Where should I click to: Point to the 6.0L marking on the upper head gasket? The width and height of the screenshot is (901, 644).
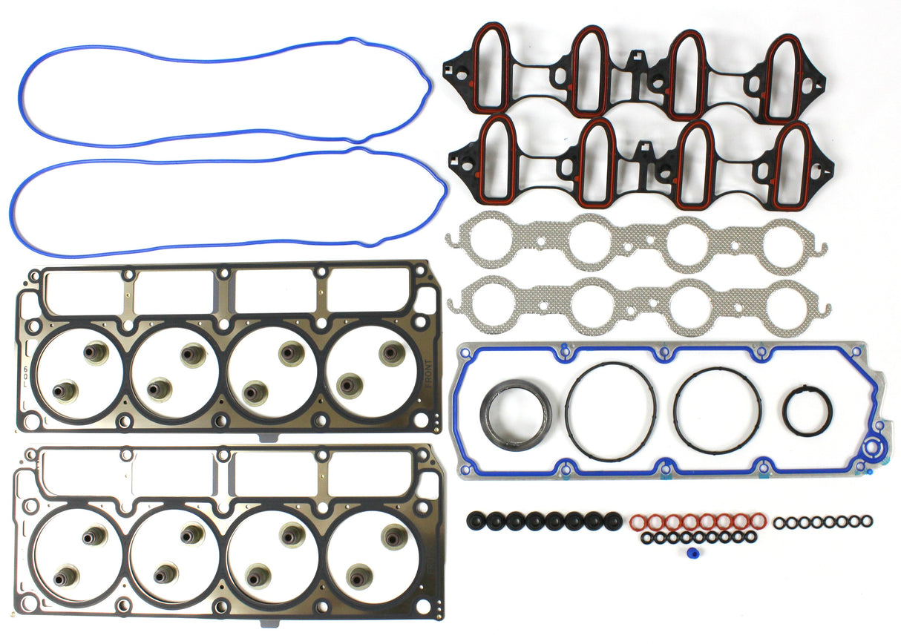click(26, 371)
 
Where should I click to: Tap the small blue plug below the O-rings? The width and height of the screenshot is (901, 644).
click(692, 553)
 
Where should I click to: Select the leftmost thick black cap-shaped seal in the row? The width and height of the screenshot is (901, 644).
click(476, 521)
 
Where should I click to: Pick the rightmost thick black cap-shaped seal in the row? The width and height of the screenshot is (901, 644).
click(612, 521)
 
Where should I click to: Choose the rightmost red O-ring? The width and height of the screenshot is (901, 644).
click(759, 520)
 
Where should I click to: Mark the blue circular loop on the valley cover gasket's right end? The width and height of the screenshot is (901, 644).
click(877, 448)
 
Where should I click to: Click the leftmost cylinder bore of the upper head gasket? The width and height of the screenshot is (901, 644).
click(79, 373)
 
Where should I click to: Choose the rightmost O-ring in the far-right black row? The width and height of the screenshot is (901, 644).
click(867, 522)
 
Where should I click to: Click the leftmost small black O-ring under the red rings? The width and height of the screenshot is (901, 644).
click(646, 536)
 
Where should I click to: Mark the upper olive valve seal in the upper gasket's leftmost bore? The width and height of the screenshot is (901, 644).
click(95, 352)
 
